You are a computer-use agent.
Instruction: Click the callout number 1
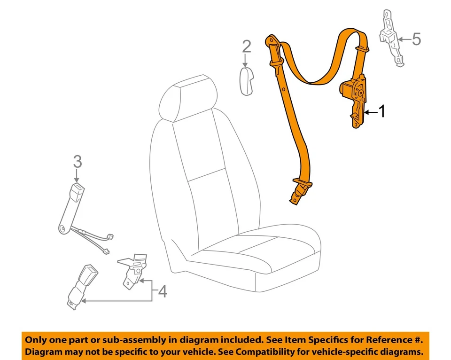(x=382, y=112)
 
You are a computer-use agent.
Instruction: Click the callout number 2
(x=247, y=47)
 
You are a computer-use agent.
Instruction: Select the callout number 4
(x=162, y=292)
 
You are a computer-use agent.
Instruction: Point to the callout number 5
(x=416, y=39)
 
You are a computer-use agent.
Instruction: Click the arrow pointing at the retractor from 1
(x=371, y=112)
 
